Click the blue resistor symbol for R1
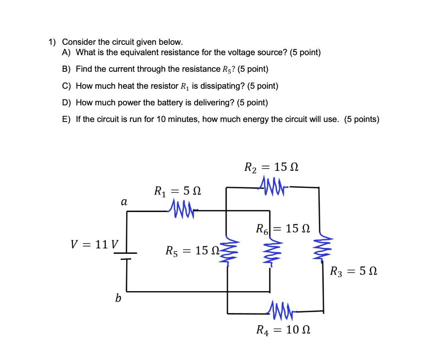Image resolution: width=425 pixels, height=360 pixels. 181,206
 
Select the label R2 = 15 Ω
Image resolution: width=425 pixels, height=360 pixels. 271,168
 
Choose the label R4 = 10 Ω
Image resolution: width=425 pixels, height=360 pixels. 283,330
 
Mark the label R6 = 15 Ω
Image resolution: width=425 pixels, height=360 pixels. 283,228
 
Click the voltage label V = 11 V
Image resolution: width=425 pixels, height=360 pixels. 94,244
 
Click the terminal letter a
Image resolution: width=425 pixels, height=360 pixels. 123,202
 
